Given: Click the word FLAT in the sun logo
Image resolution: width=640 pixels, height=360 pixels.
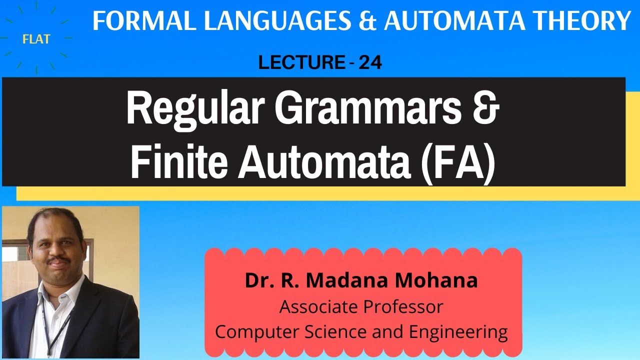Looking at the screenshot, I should pos(36,39).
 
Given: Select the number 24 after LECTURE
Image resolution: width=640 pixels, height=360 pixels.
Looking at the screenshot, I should pos(370,63).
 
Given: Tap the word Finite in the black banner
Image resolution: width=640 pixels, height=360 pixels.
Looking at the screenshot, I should pos(177,162).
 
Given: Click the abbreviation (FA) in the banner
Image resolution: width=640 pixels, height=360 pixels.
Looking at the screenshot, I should pos(455,162).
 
